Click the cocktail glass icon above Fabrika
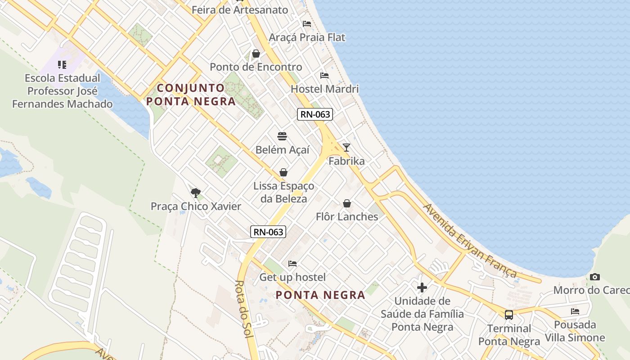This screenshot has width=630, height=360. pyautogui.click(x=346, y=147)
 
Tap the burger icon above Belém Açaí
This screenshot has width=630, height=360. pyautogui.click(x=282, y=136)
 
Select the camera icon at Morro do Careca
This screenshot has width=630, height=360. pyautogui.click(x=594, y=277)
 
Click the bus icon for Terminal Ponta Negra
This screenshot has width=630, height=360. pyautogui.click(x=509, y=315)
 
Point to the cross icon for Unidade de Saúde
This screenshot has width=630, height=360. pyautogui.click(x=422, y=287)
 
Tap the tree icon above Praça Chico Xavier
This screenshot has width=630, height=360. pyautogui.click(x=195, y=193)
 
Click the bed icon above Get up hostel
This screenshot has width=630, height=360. pyautogui.click(x=292, y=263)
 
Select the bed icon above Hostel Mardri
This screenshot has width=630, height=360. pyautogui.click(x=324, y=75)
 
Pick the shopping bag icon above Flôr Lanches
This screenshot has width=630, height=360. pyautogui.click(x=347, y=203)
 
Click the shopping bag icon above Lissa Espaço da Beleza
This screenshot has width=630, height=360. pyautogui.click(x=283, y=172)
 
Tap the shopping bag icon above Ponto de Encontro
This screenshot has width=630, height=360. pyautogui.click(x=256, y=54)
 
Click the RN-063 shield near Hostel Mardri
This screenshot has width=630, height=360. pyautogui.click(x=315, y=114)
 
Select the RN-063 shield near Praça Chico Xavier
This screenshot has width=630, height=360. pyautogui.click(x=268, y=232)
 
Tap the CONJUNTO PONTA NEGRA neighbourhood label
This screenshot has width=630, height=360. pyautogui.click(x=191, y=94)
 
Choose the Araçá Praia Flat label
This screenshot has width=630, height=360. pyautogui.click(x=307, y=37)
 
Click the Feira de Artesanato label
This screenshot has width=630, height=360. pyautogui.click(x=240, y=9)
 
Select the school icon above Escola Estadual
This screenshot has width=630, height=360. pyautogui.click(x=62, y=65)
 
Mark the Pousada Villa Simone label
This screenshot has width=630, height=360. pyautogui.click(x=575, y=331)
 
